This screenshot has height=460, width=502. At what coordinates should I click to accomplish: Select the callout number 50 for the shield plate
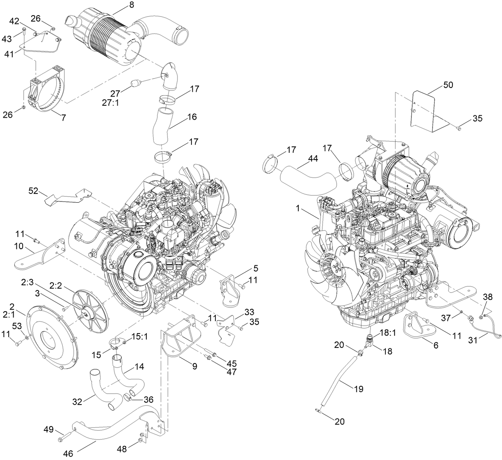point(448,85)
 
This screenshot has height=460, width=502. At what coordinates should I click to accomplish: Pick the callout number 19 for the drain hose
point(358,388)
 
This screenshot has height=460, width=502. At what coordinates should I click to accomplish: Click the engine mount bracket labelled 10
point(40,255)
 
